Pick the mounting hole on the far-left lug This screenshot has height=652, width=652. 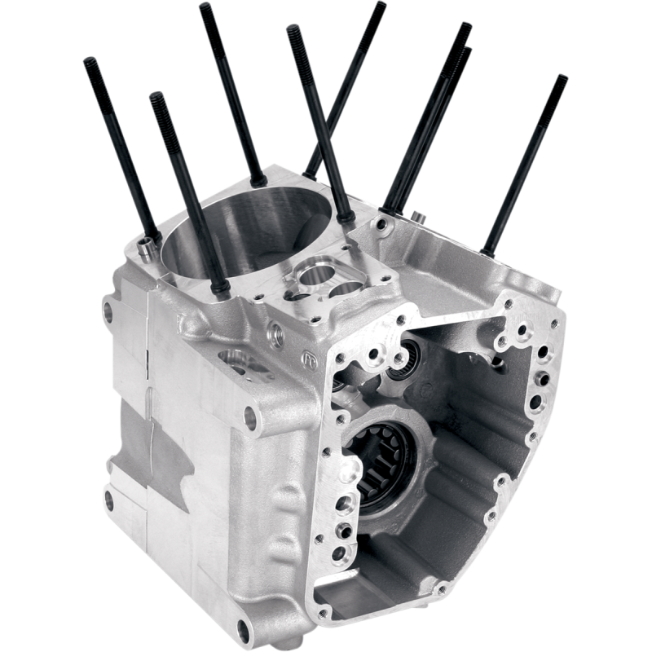pyautogui.click(x=107, y=311)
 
